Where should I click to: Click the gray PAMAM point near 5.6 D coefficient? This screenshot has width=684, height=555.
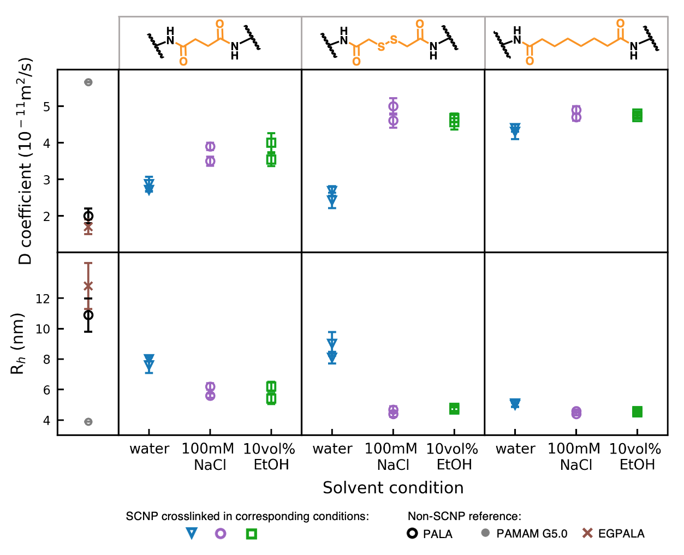tap(88, 82)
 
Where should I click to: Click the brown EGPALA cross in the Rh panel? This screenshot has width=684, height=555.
tap(88, 286)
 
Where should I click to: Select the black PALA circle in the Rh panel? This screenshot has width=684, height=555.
tap(88, 315)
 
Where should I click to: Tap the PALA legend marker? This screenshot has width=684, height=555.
tap(413, 533)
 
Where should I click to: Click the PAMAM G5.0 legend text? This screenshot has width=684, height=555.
tap(532, 534)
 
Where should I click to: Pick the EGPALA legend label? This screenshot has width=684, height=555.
tap(621, 534)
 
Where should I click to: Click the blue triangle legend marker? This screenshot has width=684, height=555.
tap(191, 533)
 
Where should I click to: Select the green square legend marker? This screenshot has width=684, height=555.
tap(251, 534)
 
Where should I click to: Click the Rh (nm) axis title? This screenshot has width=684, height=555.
tap(18, 344)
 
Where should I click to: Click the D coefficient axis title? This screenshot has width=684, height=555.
tap(26, 161)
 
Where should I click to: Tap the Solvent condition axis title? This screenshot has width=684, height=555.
tap(393, 488)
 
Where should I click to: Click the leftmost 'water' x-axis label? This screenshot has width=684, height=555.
tap(149, 449)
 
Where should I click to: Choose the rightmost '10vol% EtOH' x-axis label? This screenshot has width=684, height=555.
tap(635, 457)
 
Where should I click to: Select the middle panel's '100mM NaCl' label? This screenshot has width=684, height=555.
tap(391, 457)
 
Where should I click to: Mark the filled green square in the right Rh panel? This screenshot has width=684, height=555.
tap(637, 411)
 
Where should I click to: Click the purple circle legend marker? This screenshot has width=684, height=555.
tap(221, 533)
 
